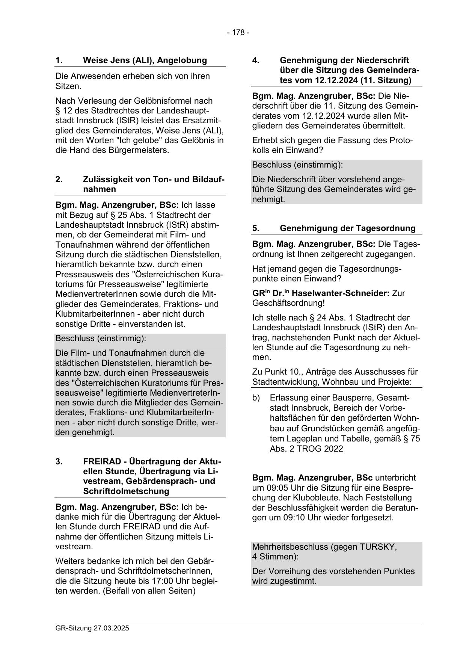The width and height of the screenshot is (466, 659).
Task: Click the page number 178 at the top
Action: (x=238, y=33)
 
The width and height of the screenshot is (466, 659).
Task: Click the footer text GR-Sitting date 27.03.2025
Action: (x=92, y=628)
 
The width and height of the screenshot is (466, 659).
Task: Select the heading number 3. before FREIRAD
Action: (x=59, y=461)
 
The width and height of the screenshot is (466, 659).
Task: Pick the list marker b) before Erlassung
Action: (x=256, y=398)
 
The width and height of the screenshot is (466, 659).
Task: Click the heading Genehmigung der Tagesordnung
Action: (x=348, y=228)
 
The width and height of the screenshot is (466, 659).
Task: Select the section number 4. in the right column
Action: (x=256, y=60)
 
